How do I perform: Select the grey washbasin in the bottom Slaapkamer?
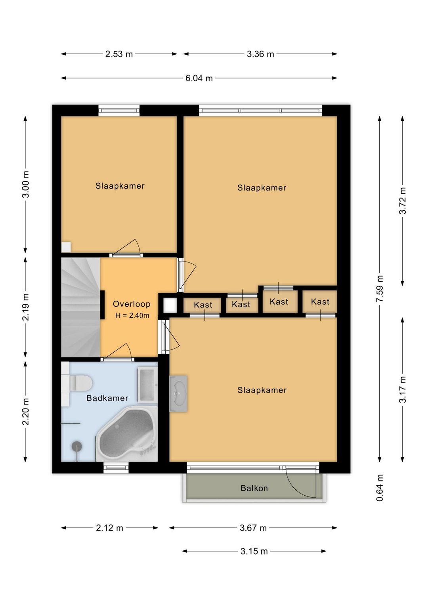tap(179, 393)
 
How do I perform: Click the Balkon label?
tap(254, 488)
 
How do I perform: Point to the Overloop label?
tap(132, 304)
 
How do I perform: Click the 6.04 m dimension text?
tap(199, 78)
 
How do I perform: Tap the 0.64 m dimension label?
tap(380, 488)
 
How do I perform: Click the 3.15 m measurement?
tap(254, 551)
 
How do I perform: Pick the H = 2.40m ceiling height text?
tap(132, 315)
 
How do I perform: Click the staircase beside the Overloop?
tap(80, 307)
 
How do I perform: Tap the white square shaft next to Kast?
tap(170, 305)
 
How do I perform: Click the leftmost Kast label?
tap(203, 305)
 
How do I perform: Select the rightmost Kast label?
tap(320, 302)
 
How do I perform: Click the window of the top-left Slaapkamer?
tap(119, 111)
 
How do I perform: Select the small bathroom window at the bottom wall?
tap(116, 468)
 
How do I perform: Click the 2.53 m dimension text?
tap(119, 54)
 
